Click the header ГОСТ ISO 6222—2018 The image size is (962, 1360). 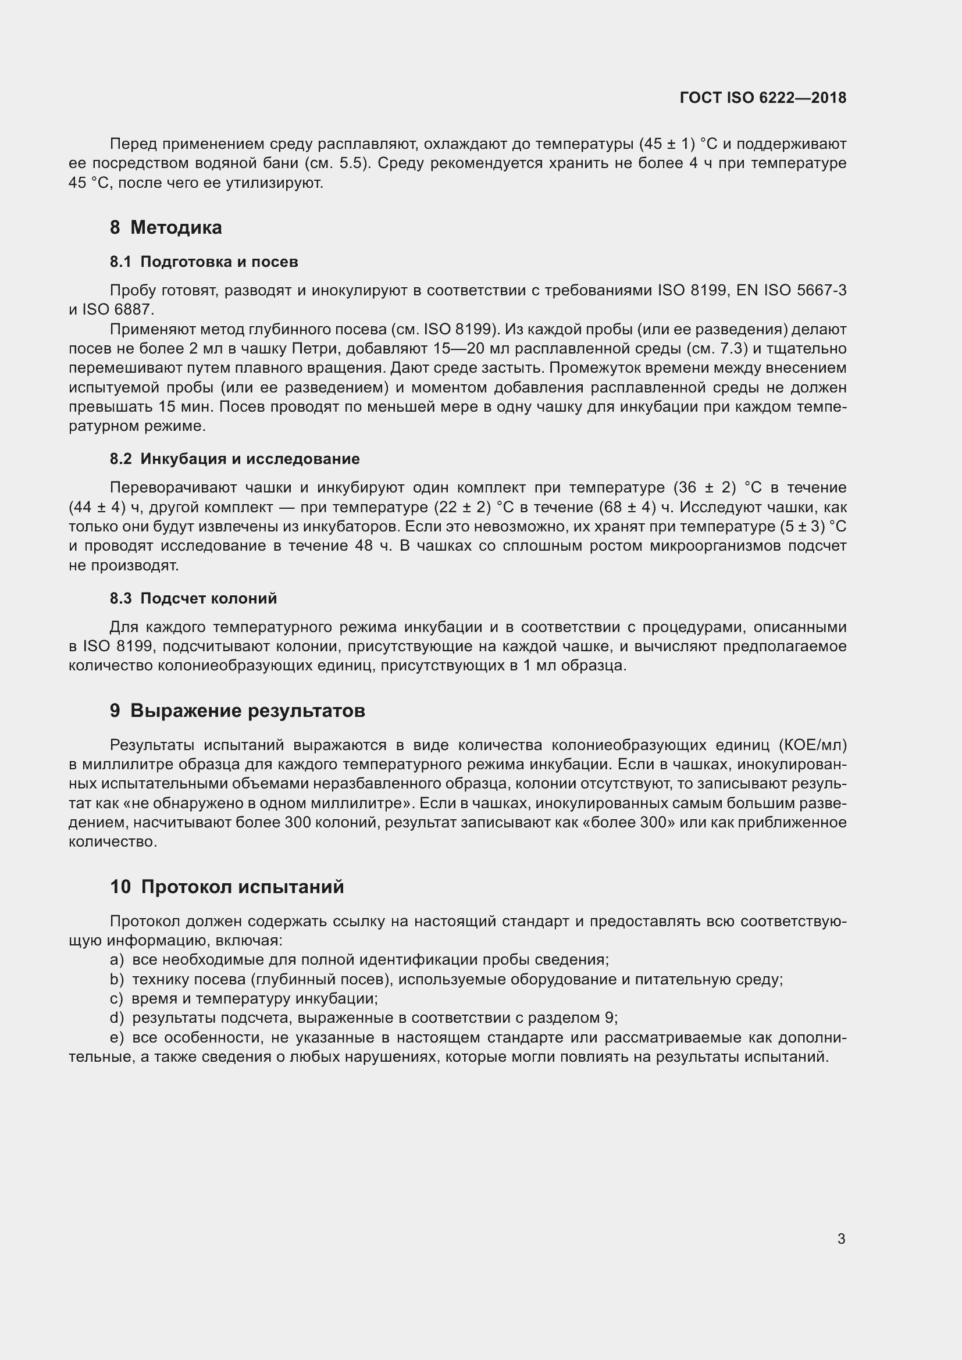tap(763, 98)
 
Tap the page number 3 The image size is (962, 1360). tap(841, 1238)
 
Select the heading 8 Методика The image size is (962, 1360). tap(166, 227)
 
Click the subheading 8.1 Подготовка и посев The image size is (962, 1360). tap(204, 262)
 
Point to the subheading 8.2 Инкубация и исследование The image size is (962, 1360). tap(234, 459)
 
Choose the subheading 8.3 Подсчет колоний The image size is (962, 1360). tap(193, 598)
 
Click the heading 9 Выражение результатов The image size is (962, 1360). tap(237, 711)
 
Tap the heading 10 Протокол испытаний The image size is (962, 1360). tap(227, 887)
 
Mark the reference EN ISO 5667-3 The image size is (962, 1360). tap(792, 290)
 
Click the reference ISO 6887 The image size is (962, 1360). tap(117, 310)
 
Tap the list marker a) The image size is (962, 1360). tap(117, 960)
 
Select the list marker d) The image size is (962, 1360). tap(117, 1018)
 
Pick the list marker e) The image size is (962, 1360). tap(117, 1038)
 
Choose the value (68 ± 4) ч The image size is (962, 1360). tap(639, 508)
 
